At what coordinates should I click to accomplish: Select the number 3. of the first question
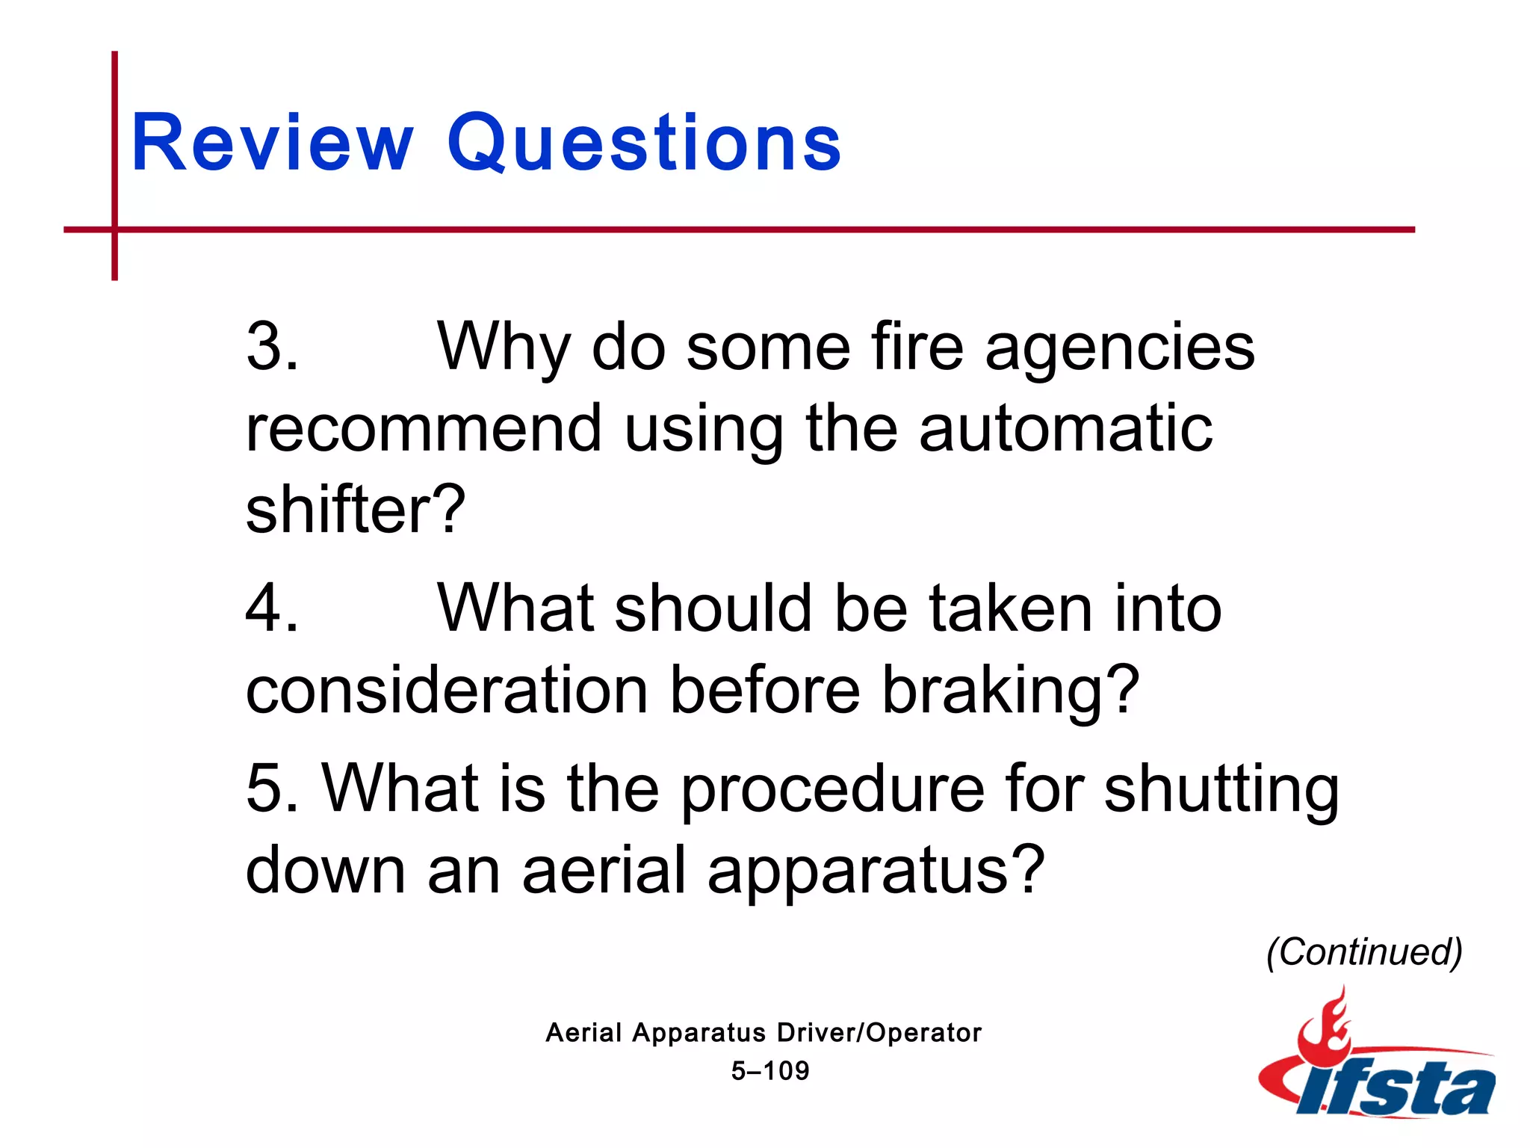(272, 347)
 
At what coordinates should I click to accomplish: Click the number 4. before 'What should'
(272, 608)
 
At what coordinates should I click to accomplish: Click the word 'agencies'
(1120, 348)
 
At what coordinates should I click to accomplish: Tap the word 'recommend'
(424, 429)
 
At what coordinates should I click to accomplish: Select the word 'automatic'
(1065, 429)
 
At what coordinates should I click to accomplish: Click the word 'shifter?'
(356, 510)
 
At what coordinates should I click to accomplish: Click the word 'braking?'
(1011, 691)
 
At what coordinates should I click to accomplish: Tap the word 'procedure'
(832, 791)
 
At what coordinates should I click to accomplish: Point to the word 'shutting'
(1221, 791)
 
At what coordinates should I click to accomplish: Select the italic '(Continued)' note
(1364, 952)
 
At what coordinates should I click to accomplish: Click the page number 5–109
(770, 1071)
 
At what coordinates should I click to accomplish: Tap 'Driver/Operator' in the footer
(879, 1033)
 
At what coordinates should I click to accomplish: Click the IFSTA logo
(1379, 1069)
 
